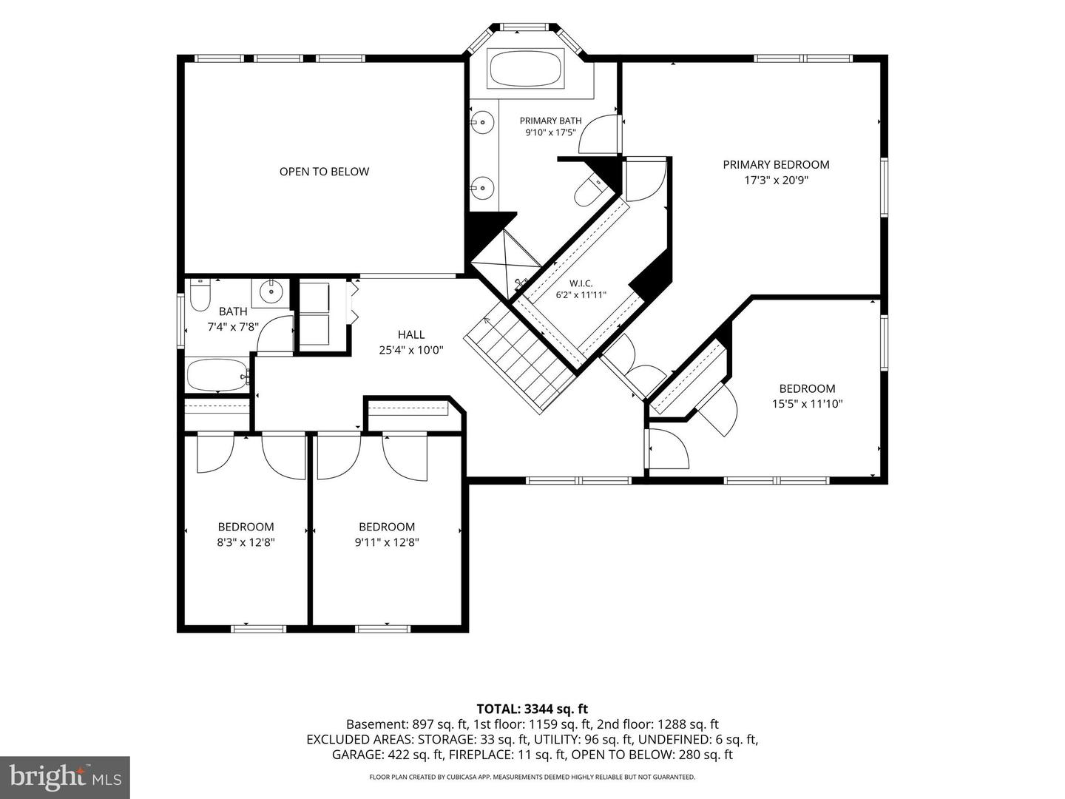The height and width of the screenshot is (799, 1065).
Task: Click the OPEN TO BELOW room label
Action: (324, 171)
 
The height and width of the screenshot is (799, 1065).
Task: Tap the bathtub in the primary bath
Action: (527, 68)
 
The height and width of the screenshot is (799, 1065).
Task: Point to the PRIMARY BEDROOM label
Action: (776, 164)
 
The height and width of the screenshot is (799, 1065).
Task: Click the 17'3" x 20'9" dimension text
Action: (777, 180)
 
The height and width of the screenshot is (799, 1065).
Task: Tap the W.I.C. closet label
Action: (581, 283)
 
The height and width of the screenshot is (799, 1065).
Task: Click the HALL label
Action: (411, 334)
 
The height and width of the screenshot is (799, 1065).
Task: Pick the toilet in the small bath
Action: (200, 294)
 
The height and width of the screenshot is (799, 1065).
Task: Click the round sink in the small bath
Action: (270, 292)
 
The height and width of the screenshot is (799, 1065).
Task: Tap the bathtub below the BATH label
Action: (217, 374)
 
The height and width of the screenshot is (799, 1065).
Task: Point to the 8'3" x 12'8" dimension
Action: (246, 542)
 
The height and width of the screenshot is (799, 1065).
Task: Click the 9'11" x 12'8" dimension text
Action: (387, 542)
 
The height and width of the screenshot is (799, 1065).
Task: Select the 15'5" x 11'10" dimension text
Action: (808, 404)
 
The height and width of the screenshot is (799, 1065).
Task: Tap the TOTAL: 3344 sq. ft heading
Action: (532, 709)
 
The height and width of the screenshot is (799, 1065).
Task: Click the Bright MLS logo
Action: (65, 777)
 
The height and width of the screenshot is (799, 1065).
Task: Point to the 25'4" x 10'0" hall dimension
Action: (411, 350)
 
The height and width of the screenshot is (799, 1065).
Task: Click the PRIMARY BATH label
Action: (550, 121)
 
